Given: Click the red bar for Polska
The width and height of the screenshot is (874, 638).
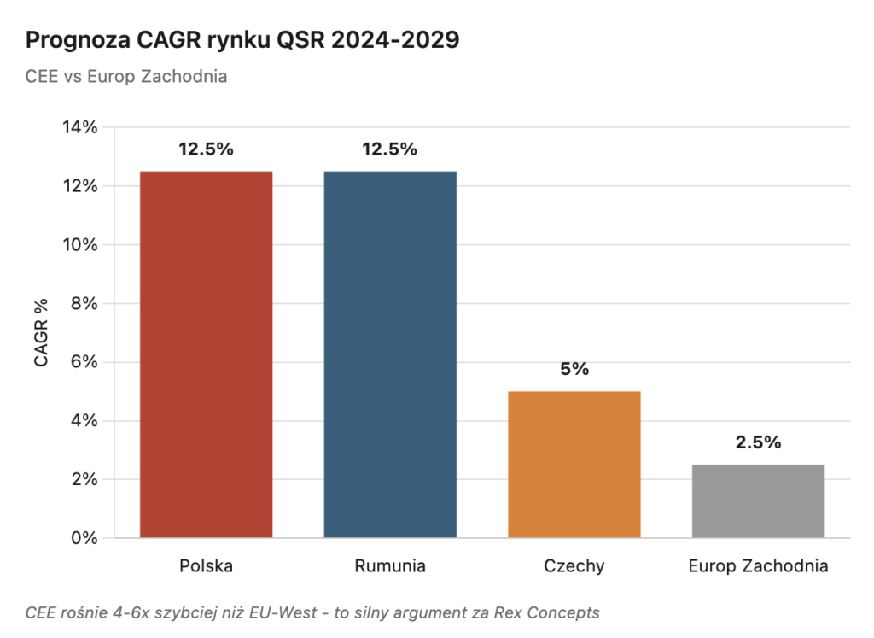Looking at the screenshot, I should click(206, 354).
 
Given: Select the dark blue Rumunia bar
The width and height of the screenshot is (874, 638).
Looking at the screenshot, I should click(390, 354).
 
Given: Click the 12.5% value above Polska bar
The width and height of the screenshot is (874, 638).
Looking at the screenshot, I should click(206, 149).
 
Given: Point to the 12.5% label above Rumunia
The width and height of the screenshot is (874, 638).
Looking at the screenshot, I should click(390, 149).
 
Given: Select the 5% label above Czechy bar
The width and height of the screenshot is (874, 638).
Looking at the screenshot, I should click(574, 369).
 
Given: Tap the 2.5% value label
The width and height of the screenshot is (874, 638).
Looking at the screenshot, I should click(758, 442).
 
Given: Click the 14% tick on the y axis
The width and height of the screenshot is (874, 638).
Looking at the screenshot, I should click(80, 127).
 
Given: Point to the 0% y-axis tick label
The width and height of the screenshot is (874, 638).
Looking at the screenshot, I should click(84, 538).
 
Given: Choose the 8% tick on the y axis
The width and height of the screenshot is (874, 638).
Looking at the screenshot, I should click(84, 303).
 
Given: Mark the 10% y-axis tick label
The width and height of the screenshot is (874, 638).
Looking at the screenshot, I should click(80, 244).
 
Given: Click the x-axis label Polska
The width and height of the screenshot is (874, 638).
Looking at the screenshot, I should click(206, 566).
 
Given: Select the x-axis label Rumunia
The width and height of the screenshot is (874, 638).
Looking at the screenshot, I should click(390, 566).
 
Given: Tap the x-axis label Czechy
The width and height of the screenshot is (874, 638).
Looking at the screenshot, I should click(574, 566).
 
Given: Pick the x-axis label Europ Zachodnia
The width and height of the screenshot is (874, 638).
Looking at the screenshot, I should click(758, 566).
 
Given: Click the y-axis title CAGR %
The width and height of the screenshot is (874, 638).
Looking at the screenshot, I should click(41, 332).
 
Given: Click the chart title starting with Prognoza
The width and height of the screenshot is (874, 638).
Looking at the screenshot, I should click(242, 41).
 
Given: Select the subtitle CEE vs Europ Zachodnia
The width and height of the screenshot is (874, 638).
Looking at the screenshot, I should click(126, 76).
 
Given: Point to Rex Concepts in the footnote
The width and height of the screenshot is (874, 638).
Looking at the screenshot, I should click(555, 612).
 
